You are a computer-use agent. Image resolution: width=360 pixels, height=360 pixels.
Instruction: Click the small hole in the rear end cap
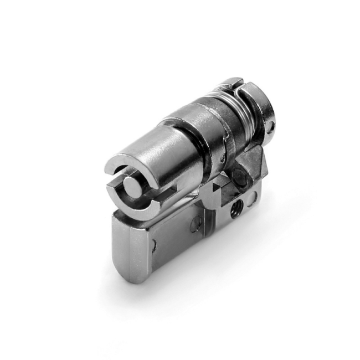271,126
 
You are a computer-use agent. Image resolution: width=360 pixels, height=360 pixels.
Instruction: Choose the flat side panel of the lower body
172,238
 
